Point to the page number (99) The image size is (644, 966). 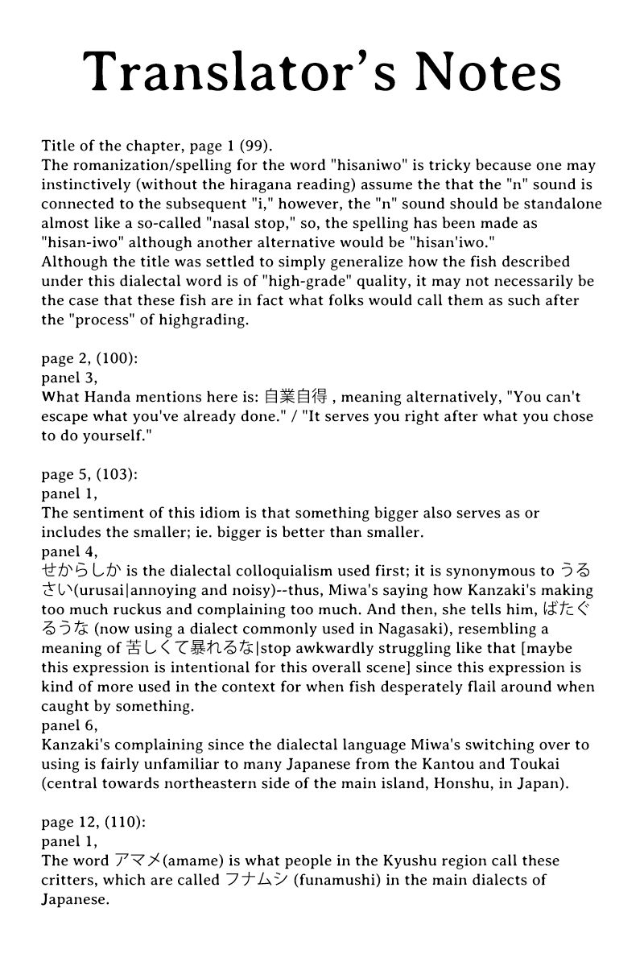[x=255, y=146]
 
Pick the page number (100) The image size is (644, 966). [x=118, y=358]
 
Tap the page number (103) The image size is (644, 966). [x=118, y=474]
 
